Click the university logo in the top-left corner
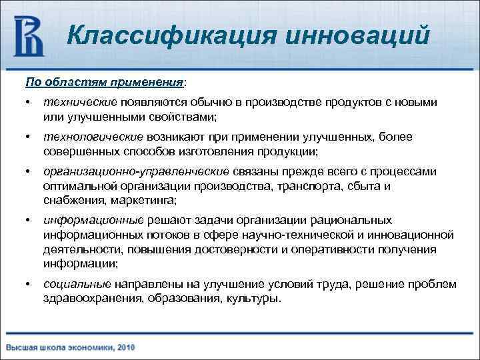coord(29,37)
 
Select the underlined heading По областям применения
coord(105,82)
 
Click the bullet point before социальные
coord(27,285)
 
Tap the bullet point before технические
coord(27,103)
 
